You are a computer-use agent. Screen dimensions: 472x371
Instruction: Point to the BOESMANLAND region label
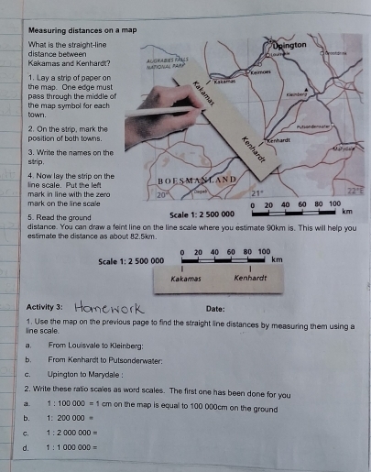coord(199,180)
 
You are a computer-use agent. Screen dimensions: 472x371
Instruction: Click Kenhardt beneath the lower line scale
coord(250,278)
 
